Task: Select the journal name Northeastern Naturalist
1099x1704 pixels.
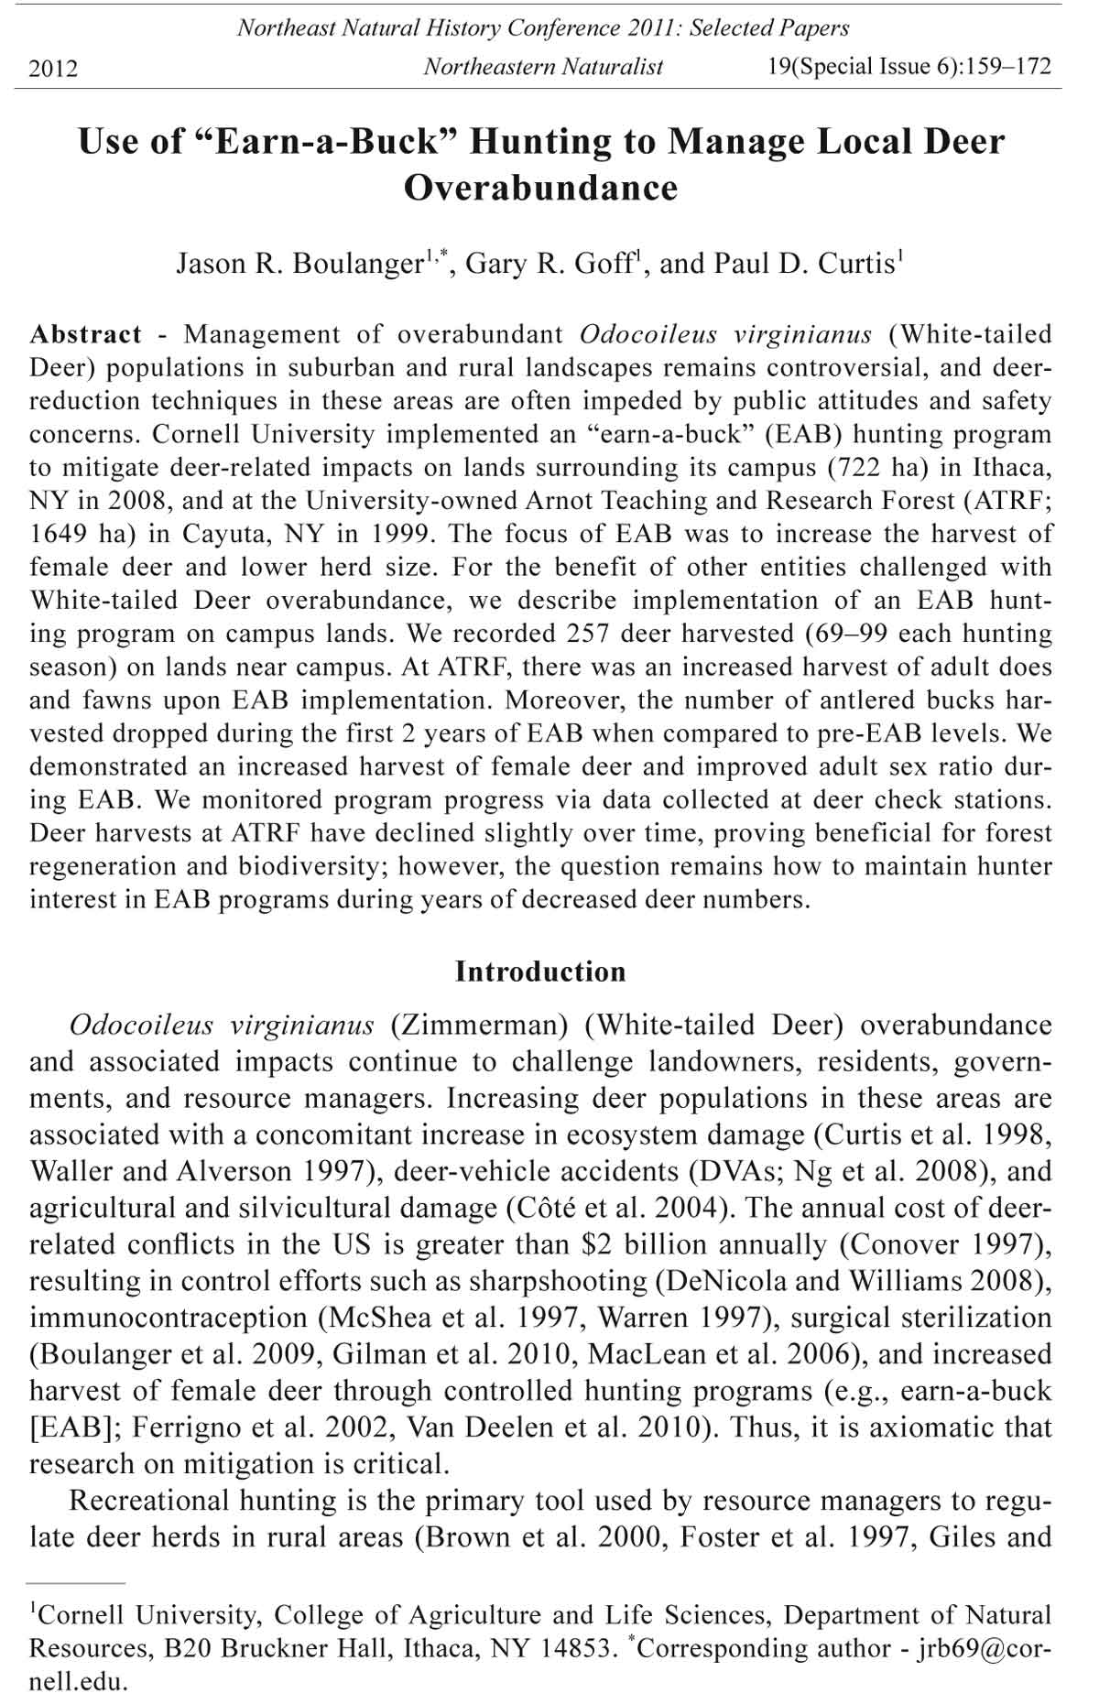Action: (x=542, y=67)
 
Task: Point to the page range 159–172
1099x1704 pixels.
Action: (x=1005, y=67)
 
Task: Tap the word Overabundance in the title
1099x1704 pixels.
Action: (x=540, y=188)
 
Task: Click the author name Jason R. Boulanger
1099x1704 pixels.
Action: (x=299, y=264)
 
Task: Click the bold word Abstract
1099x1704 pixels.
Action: (x=85, y=334)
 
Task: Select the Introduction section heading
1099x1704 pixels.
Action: (x=540, y=971)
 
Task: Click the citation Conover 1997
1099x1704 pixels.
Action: (x=944, y=1245)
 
